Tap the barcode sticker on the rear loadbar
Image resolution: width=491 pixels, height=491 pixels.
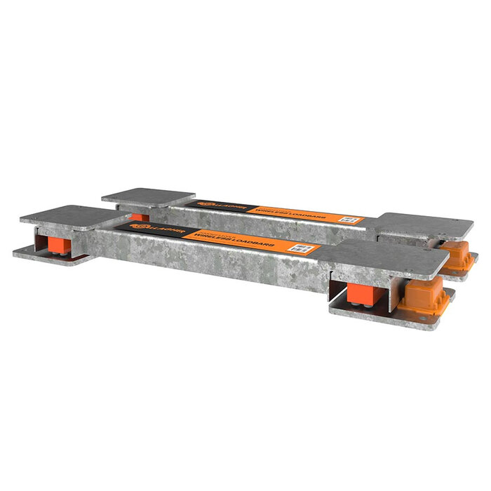348,219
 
